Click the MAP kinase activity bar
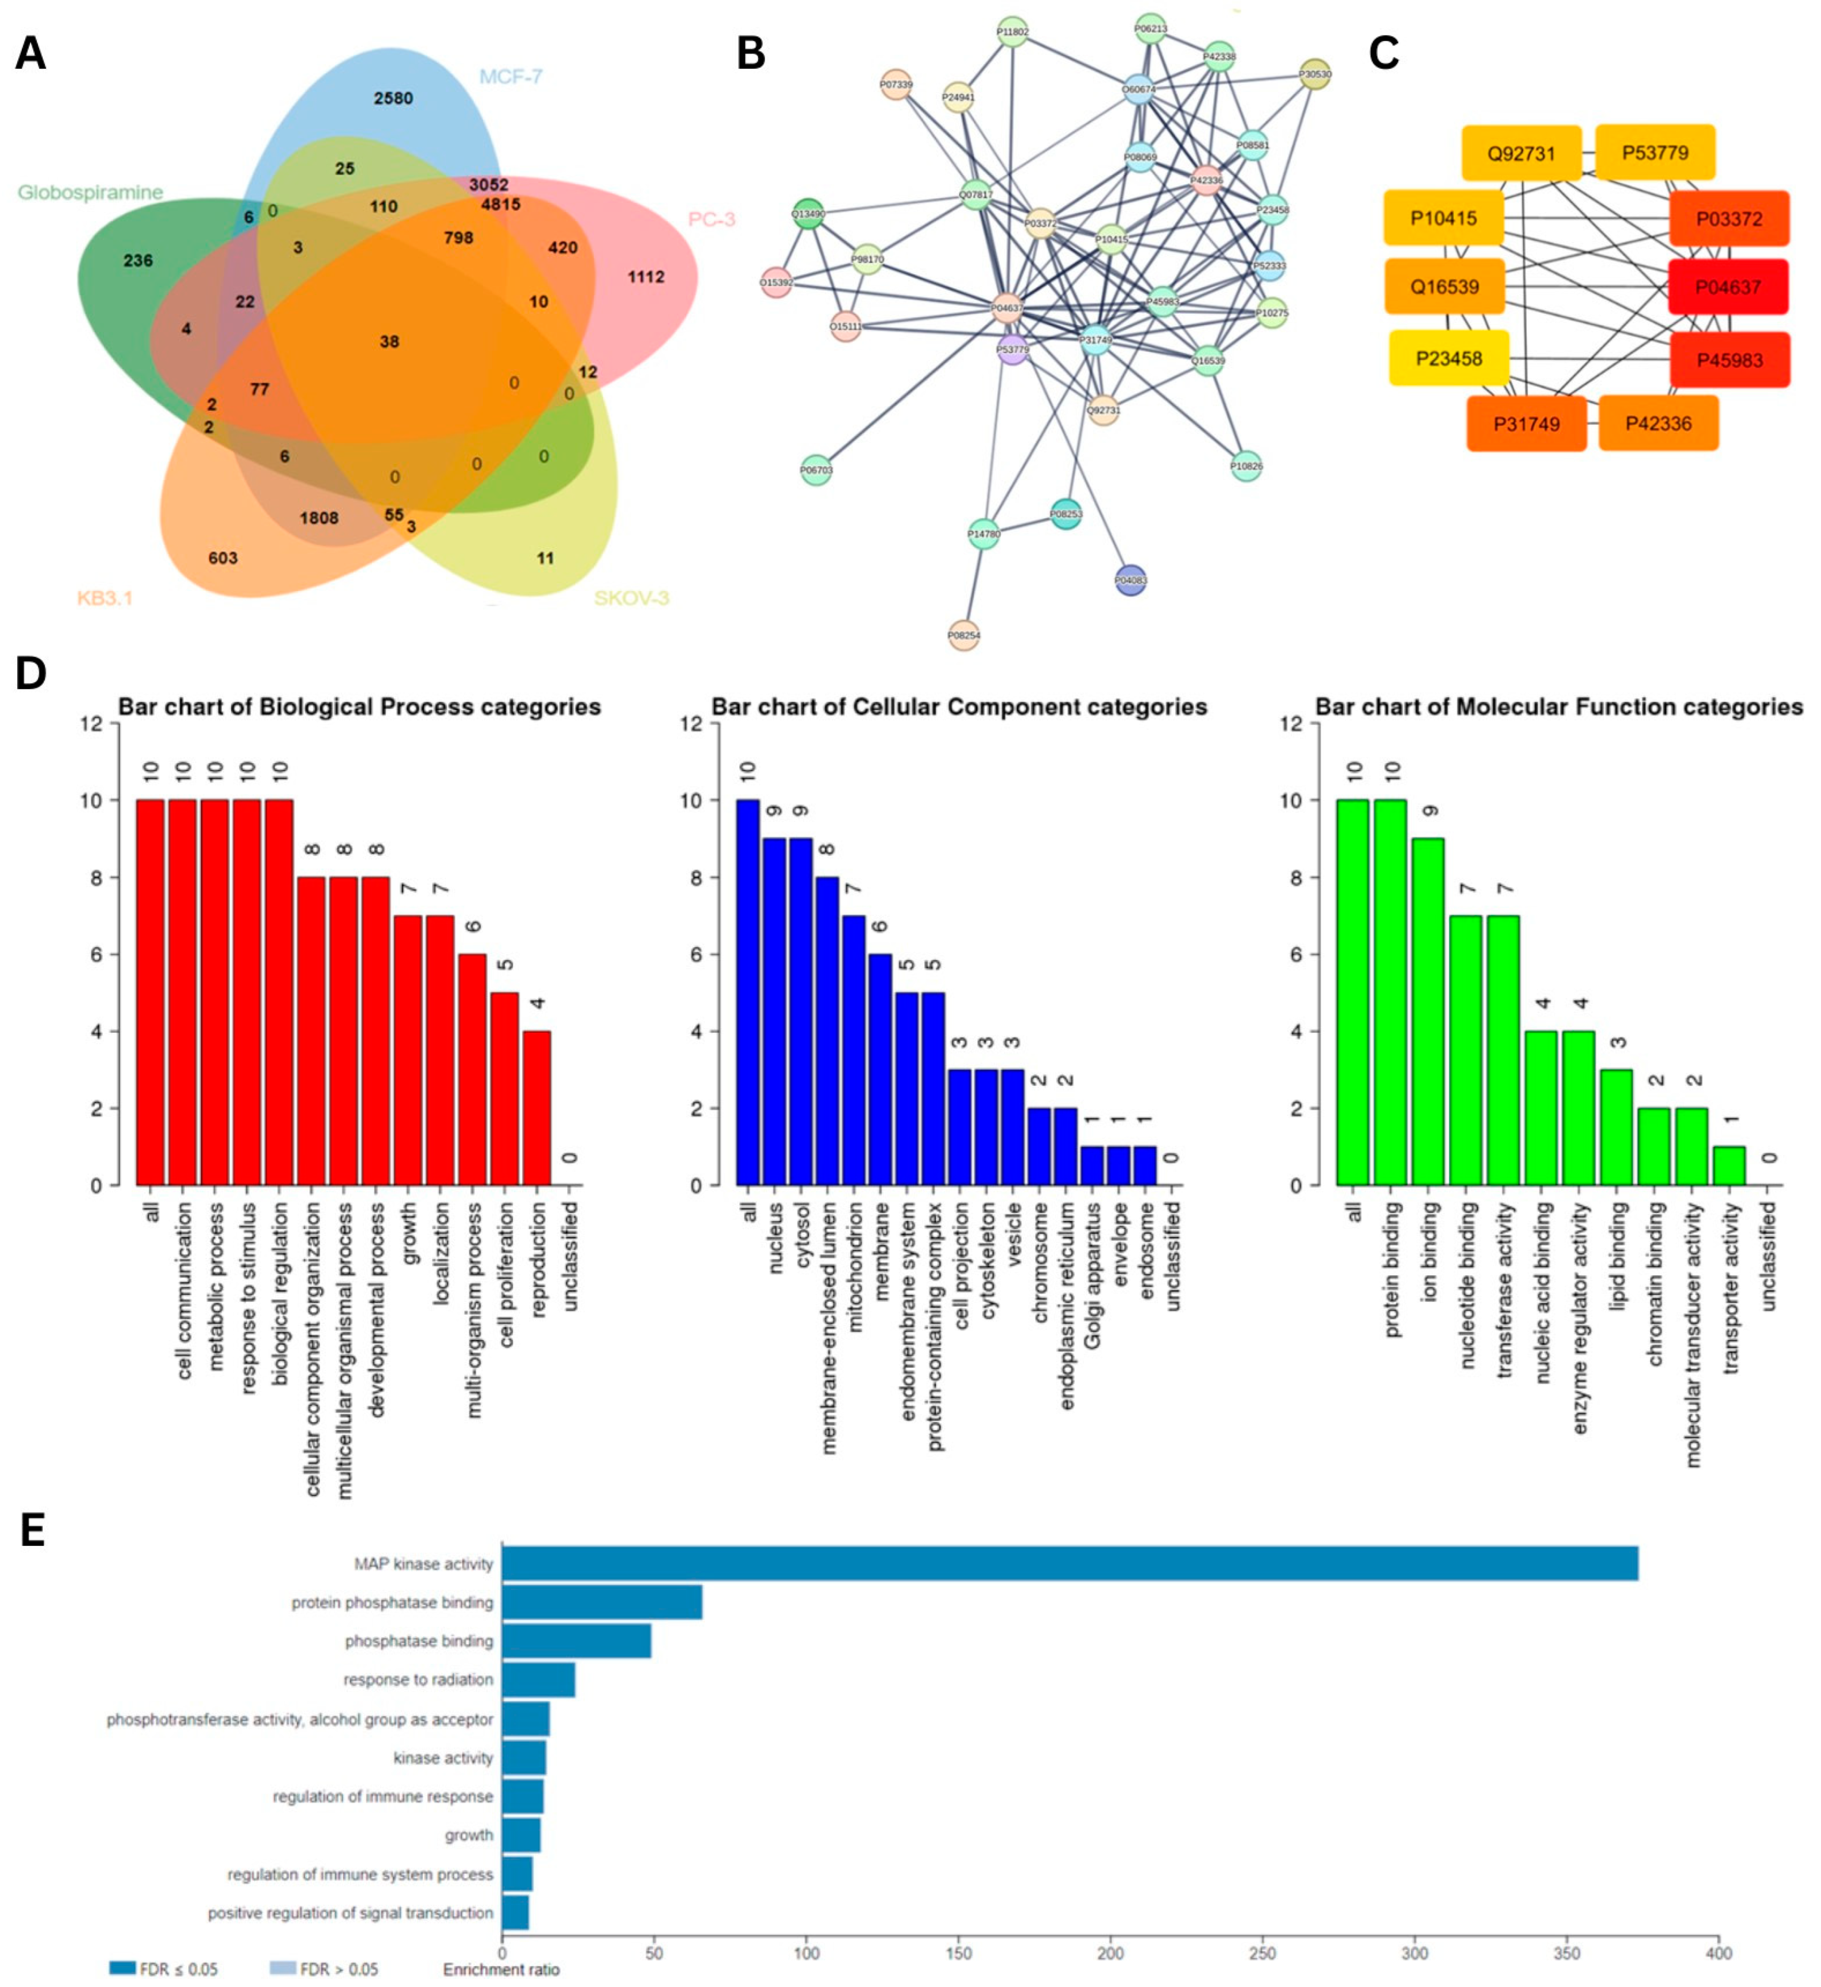(1069, 1564)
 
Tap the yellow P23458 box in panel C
(1448, 359)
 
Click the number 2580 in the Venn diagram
(393, 98)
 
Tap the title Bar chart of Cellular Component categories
(959, 707)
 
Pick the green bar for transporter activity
(1729, 1166)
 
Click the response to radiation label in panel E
(418, 1679)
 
